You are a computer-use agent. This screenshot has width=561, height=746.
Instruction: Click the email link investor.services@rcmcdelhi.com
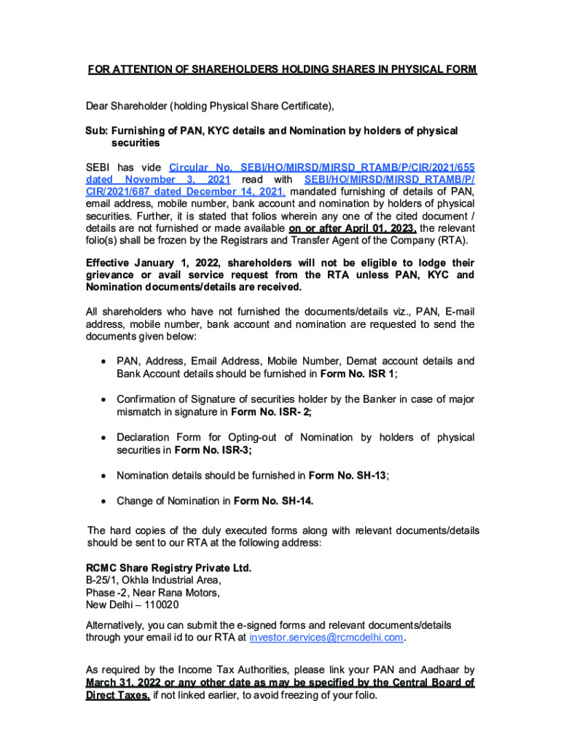(x=326, y=637)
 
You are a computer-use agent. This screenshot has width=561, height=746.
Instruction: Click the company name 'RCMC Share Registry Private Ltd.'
(x=169, y=568)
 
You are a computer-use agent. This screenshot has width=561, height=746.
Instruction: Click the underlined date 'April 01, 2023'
(x=353, y=228)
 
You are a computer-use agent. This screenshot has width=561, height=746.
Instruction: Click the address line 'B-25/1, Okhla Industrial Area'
(x=154, y=580)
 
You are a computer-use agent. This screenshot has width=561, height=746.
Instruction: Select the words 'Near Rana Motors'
(x=179, y=592)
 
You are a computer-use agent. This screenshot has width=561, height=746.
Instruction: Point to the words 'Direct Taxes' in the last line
(x=118, y=695)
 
